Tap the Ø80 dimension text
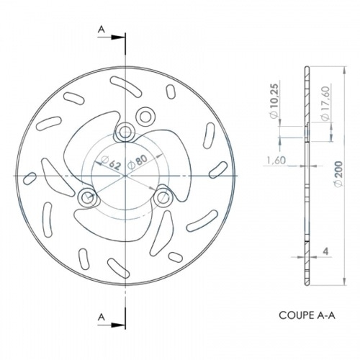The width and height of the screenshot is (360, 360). [138, 161]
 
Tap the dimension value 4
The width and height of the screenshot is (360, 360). [325, 251]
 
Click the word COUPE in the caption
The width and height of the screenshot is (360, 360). [292, 315]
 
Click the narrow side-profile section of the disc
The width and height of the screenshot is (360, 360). [307, 176]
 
